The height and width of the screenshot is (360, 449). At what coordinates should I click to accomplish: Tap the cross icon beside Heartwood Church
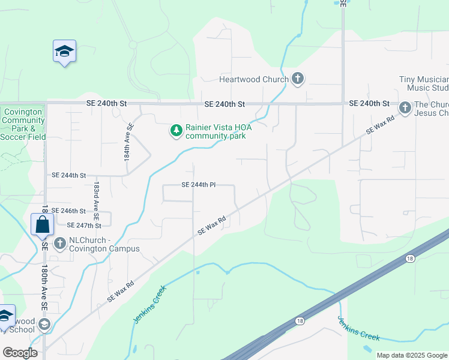click(297, 78)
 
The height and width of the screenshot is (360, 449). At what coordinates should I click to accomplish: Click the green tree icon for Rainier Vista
click(176, 130)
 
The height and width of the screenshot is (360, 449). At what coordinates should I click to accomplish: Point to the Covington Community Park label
click(23, 124)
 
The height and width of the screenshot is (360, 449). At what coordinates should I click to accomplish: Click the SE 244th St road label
click(69, 175)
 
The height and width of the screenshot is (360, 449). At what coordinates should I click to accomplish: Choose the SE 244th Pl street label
click(198, 185)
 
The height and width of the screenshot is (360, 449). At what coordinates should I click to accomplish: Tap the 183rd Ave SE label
click(95, 196)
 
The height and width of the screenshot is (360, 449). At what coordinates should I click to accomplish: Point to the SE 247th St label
click(84, 226)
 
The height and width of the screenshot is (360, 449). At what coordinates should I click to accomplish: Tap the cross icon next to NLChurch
click(59, 243)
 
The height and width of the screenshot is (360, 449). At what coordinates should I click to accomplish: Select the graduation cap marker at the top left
click(64, 52)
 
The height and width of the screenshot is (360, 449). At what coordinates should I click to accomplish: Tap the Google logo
click(20, 353)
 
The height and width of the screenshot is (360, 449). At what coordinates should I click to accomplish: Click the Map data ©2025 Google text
click(411, 355)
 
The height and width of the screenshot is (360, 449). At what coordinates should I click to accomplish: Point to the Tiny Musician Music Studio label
click(424, 83)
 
